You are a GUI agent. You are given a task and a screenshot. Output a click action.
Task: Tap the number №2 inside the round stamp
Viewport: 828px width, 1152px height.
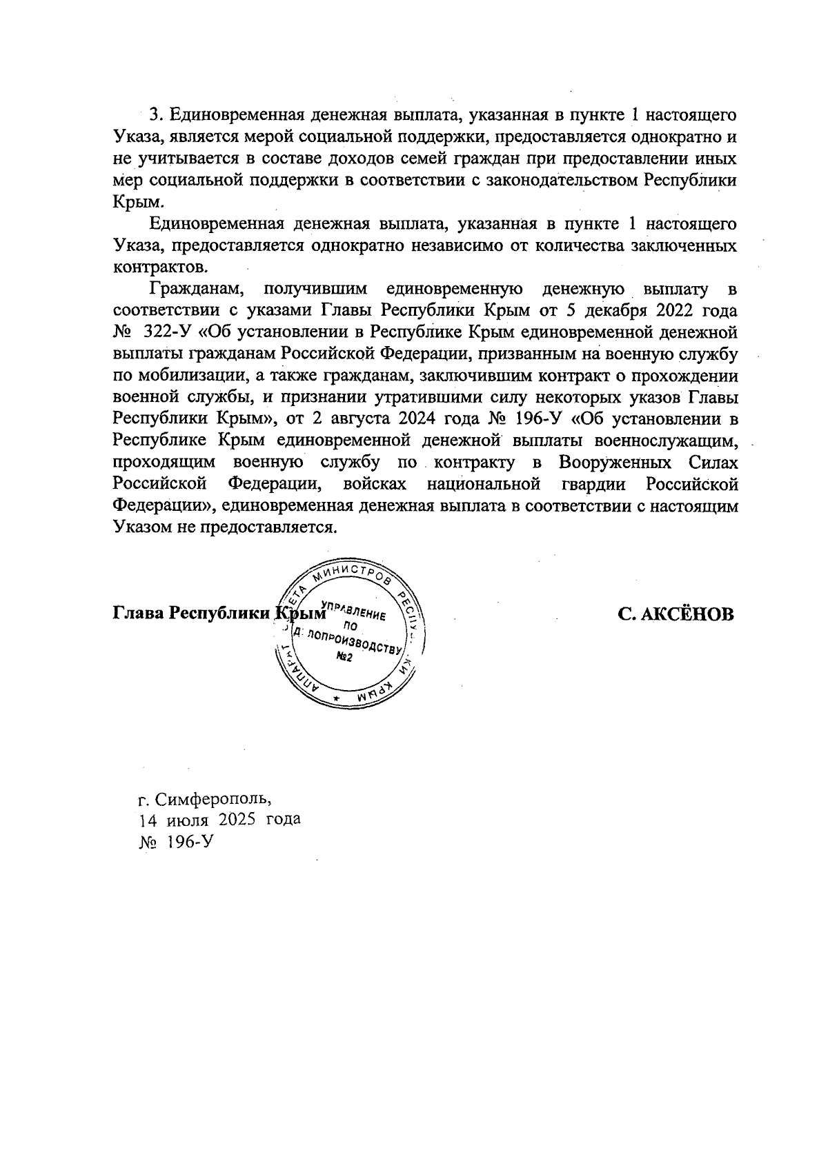point(344,657)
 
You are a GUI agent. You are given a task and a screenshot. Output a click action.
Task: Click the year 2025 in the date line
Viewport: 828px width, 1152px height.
point(237,820)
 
